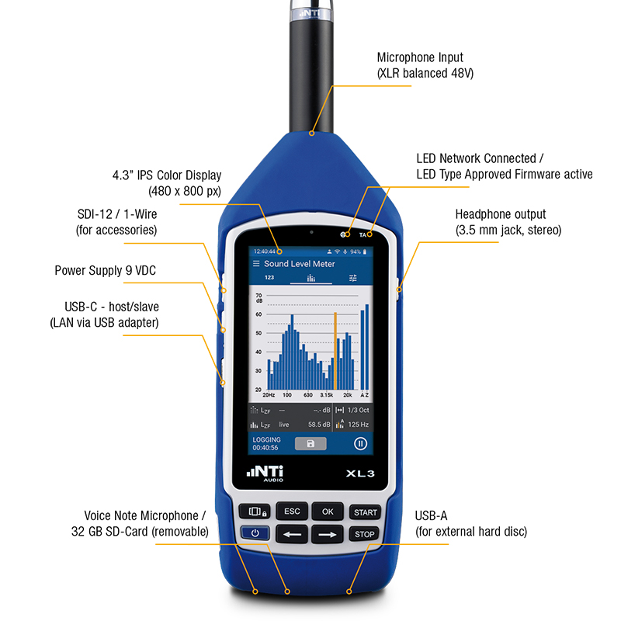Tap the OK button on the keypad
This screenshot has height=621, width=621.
click(328, 512)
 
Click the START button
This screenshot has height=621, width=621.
click(365, 512)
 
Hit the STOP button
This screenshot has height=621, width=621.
click(365, 534)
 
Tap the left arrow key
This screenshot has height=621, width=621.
click(291, 534)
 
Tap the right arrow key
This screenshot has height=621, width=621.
click(328, 534)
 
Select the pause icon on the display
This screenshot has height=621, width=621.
click(360, 444)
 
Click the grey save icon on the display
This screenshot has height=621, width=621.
click(310, 444)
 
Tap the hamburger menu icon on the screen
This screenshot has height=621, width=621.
click(256, 265)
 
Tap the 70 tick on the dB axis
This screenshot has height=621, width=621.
click(258, 297)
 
